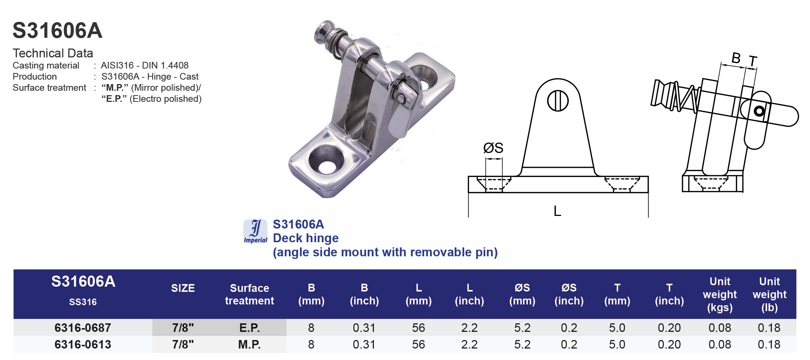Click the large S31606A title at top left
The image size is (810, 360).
57,30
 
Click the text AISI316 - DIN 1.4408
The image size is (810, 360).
145,66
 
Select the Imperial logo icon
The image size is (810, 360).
255,231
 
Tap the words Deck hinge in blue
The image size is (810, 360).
305,238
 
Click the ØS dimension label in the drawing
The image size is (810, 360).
493,148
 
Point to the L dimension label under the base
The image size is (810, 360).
557,211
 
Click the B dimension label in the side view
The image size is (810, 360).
736,58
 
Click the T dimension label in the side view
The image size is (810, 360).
753,61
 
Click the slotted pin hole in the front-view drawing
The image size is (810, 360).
558,101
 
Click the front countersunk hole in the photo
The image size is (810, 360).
326,160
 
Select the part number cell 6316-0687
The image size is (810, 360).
83,328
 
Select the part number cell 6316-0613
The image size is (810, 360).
83,344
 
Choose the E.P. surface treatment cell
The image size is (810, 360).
250,328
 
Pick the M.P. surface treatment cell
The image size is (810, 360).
250,344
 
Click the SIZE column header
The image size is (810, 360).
183,288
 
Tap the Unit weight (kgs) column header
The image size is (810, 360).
720,294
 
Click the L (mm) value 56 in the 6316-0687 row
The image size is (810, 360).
418,328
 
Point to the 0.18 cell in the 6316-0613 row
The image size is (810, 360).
769,344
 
